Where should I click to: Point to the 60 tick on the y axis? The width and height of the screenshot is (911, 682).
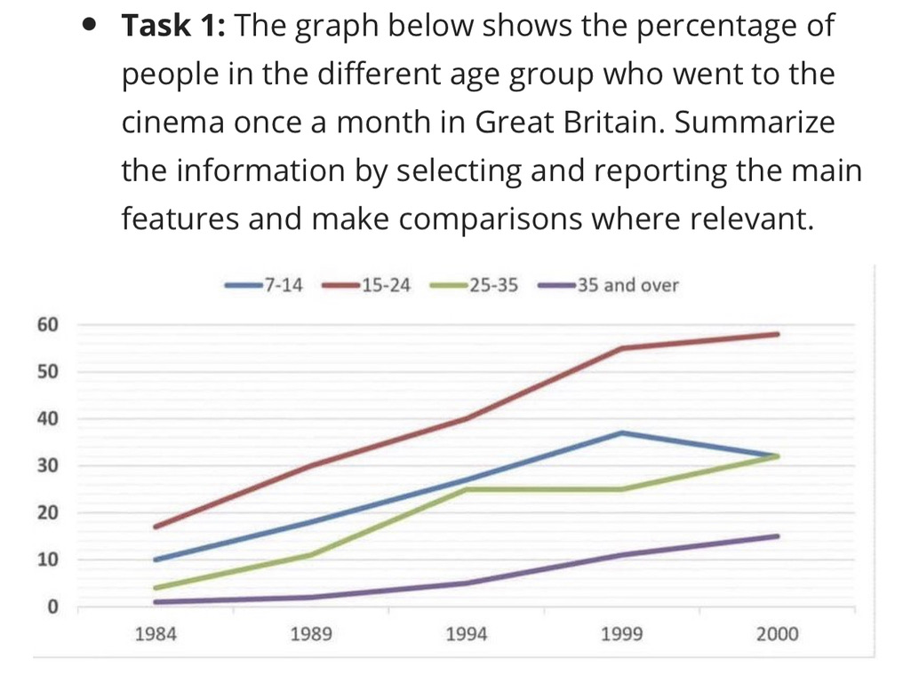tap(47, 324)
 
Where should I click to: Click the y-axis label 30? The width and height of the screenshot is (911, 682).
tap(47, 466)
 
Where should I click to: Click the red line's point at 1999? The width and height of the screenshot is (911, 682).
tap(623, 348)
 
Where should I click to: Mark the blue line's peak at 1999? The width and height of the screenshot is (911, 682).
tap(623, 432)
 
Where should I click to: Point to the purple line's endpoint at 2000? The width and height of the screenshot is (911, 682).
tap(778, 536)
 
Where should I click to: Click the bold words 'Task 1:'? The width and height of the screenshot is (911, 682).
tap(174, 26)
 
